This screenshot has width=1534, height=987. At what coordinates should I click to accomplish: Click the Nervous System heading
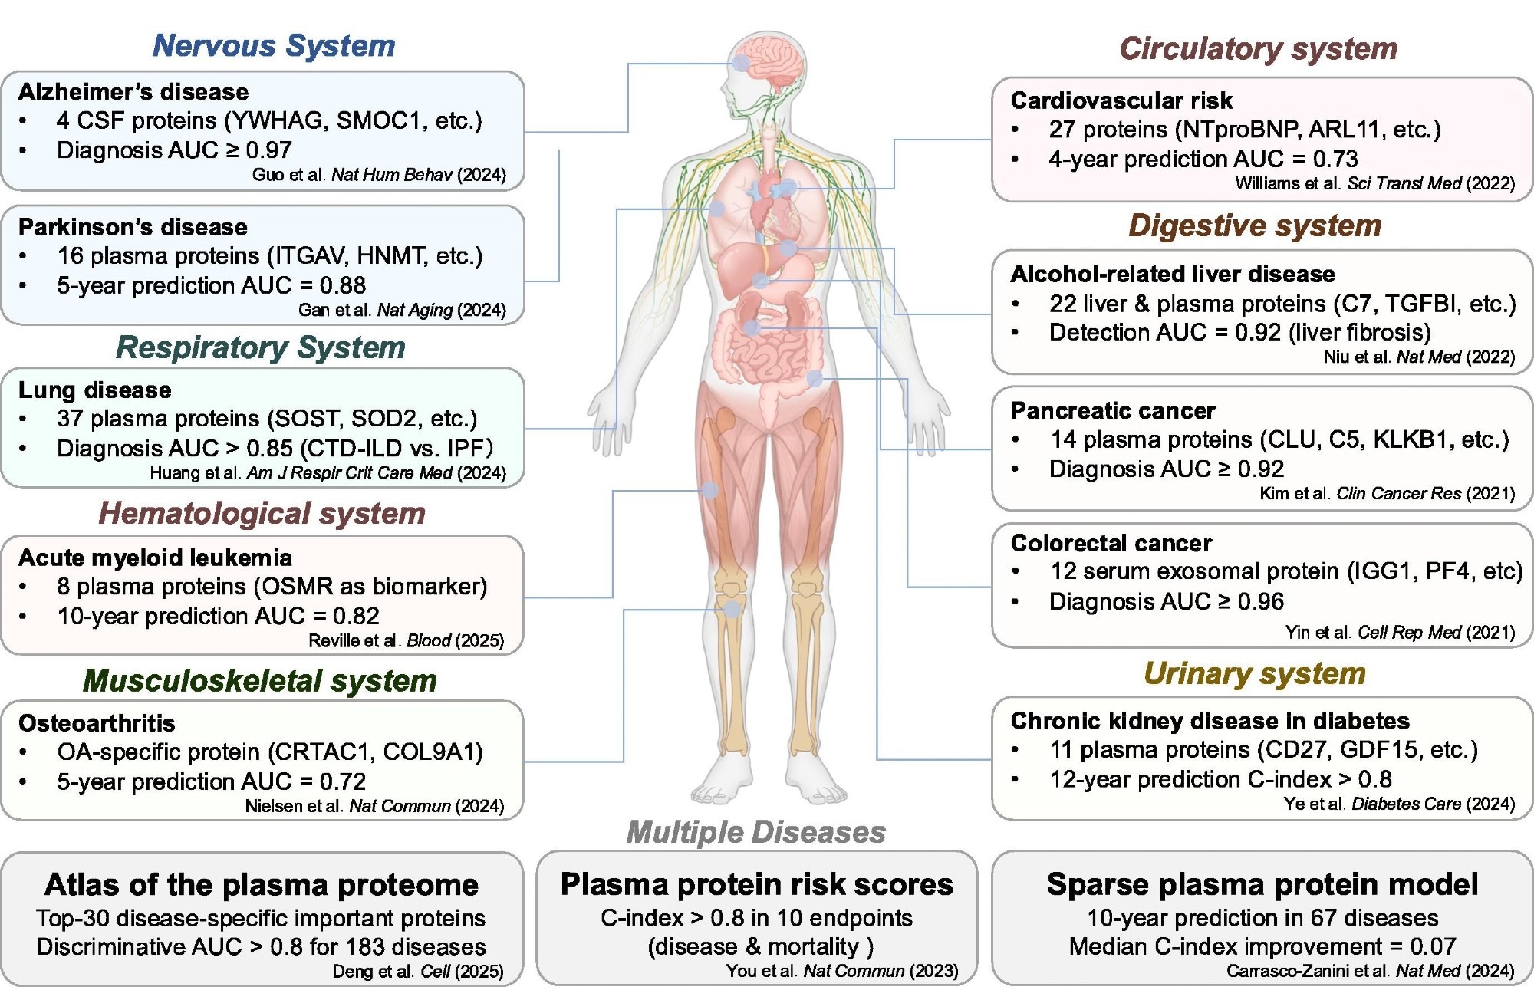click(x=274, y=46)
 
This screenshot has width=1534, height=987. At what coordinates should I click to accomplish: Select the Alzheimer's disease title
click(x=133, y=92)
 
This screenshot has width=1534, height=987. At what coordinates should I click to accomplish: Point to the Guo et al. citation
click(x=379, y=175)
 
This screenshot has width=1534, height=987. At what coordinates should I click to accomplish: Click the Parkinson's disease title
click(x=133, y=227)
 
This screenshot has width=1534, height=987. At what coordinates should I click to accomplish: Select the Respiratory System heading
click(x=260, y=347)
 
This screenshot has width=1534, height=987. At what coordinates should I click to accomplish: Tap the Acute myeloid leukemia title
click(x=155, y=558)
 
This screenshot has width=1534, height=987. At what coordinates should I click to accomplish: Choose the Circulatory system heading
click(x=1258, y=49)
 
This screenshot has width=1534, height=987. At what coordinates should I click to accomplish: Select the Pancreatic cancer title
click(x=1113, y=411)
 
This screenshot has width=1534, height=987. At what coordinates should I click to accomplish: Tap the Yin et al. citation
click(x=1400, y=633)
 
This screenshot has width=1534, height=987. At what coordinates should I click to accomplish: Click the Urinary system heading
click(x=1254, y=673)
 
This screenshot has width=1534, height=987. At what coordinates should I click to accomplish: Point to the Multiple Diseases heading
click(x=755, y=832)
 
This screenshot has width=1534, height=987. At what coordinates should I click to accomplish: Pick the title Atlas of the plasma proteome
click(x=262, y=885)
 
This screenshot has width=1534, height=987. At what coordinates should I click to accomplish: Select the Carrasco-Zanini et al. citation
click(x=1370, y=971)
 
